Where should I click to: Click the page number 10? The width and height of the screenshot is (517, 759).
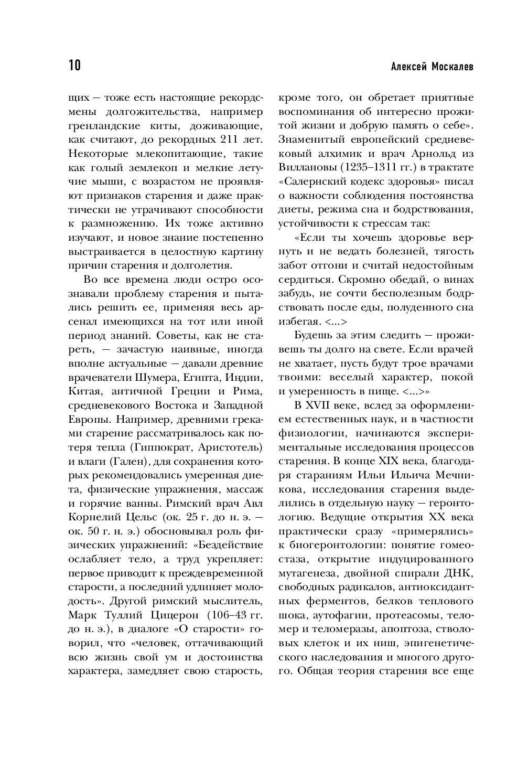click(74, 66)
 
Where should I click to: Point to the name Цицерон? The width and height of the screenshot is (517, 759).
click(169, 615)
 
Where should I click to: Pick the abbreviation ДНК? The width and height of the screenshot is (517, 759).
click(461, 573)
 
